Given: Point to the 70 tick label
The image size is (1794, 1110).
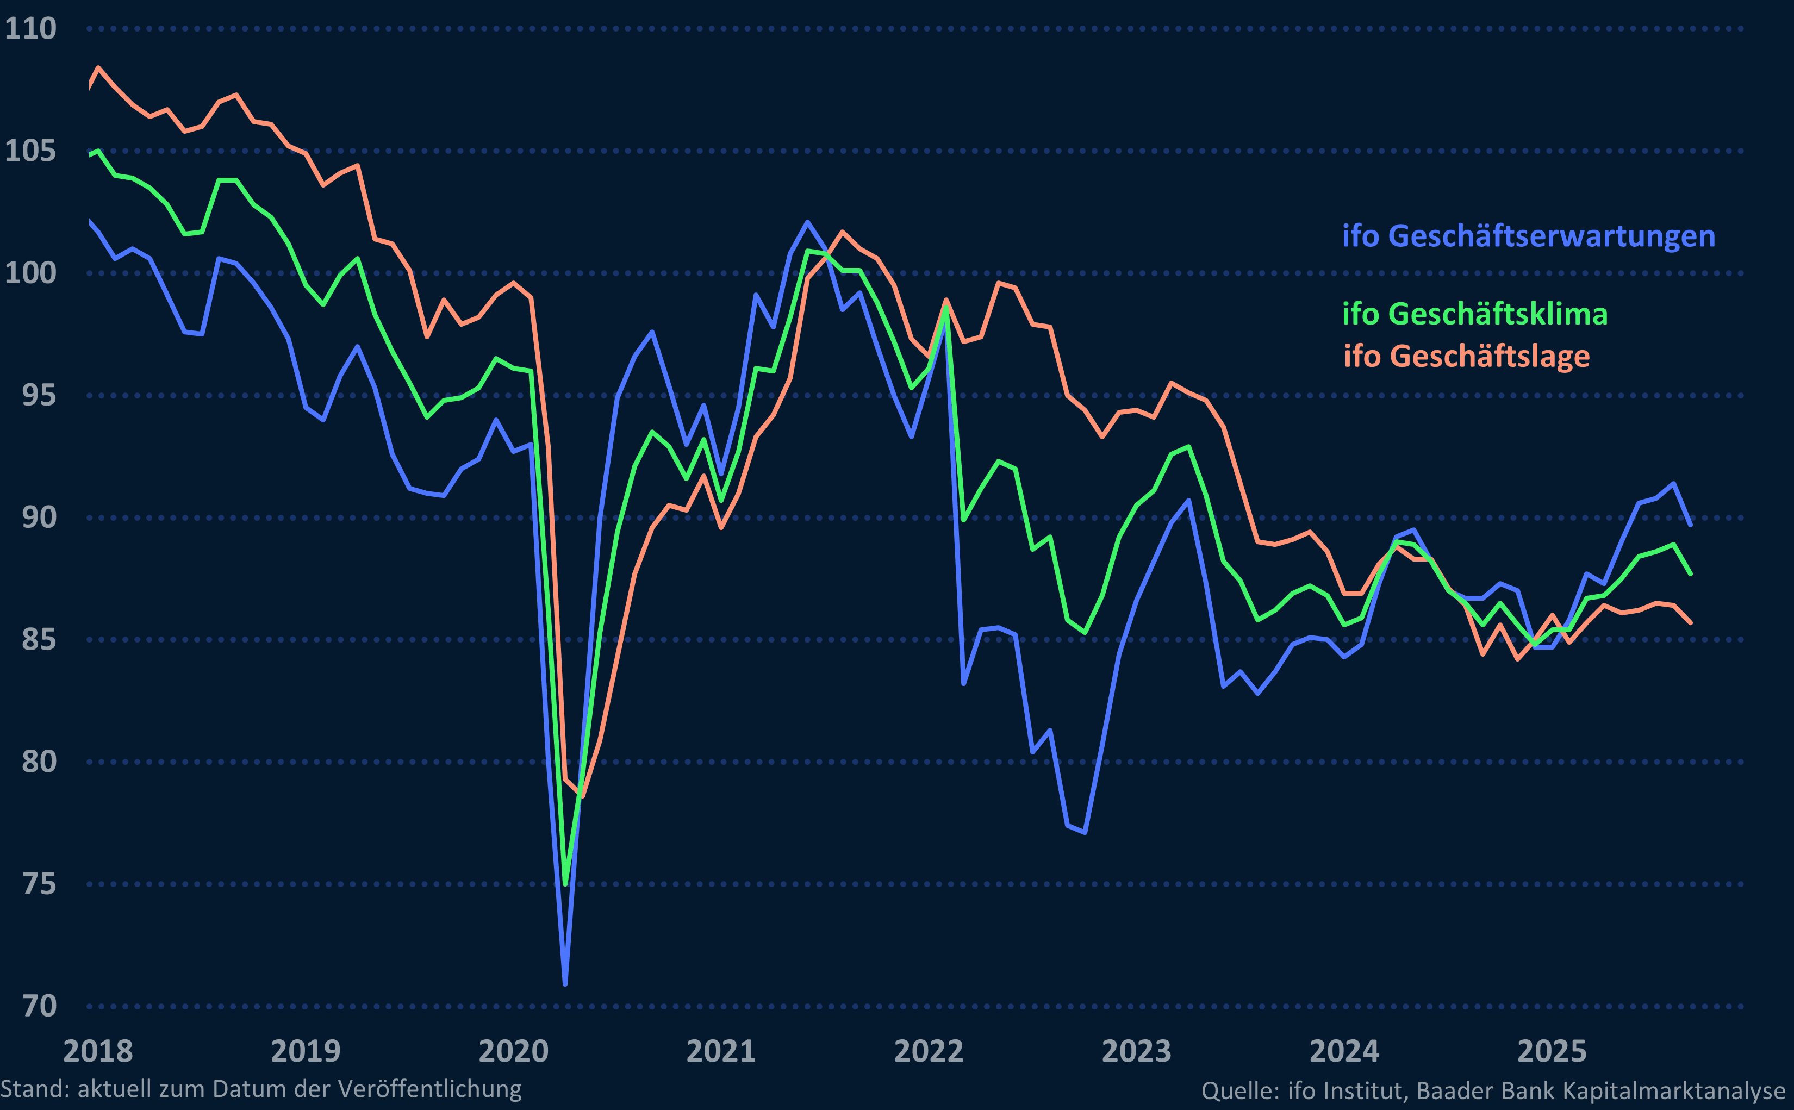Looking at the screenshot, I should pos(39,1006).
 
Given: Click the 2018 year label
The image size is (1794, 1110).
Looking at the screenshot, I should pos(98,1051).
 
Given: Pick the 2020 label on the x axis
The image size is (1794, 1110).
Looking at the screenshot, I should pos(513,1051).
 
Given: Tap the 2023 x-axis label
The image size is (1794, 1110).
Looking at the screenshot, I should pos(1136,1051).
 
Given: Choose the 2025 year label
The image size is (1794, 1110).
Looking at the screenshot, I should pos(1552,1051).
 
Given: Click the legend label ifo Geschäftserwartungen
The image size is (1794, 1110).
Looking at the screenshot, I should pos(1528,236).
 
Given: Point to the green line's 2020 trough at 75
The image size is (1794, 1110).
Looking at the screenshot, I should pos(565,883).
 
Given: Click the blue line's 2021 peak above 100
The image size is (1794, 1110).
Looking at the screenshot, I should pos(807,222).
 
